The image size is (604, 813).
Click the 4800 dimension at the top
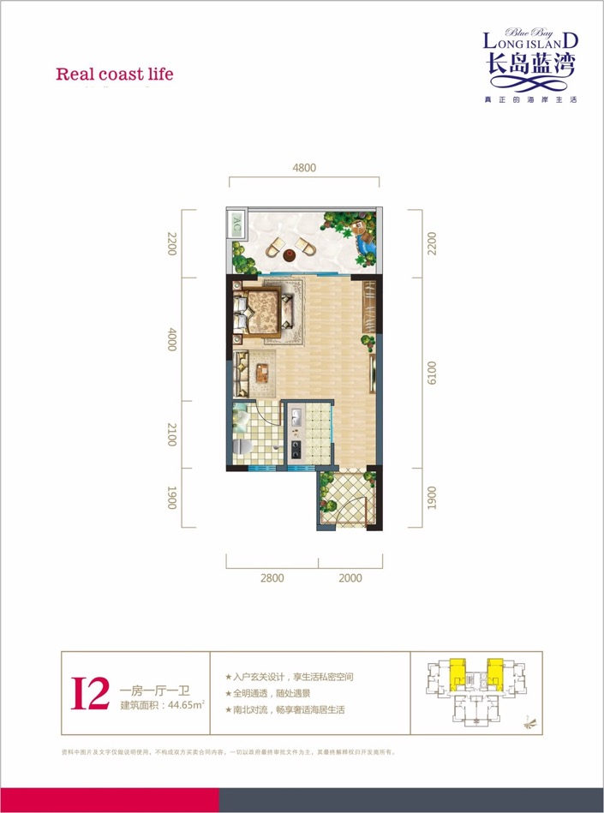click(303, 168)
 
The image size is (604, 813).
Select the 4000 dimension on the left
click(171, 340)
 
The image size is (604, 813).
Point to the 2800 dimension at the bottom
click(272, 578)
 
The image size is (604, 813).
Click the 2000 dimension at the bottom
click(350, 578)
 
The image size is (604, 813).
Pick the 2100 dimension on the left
click(171, 435)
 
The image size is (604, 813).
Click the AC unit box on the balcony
click(236, 225)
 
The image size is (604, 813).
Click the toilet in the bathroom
click(241, 447)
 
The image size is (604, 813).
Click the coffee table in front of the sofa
click(262, 371)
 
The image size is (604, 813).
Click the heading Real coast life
click(115, 74)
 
